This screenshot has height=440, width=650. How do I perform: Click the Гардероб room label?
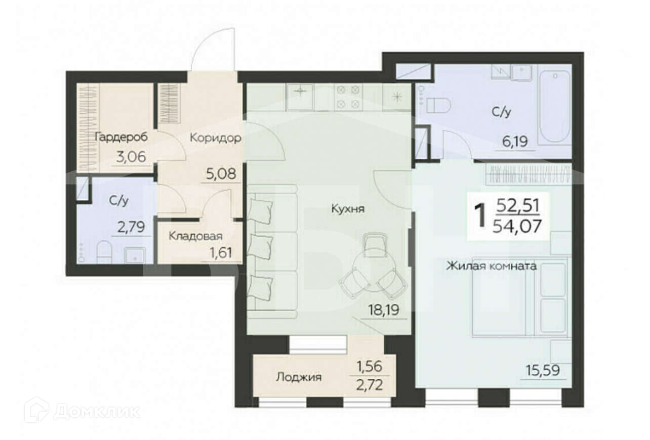[x=121, y=138]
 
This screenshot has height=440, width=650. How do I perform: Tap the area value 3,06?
[x=131, y=157]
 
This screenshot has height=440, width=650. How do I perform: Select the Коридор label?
[x=215, y=138]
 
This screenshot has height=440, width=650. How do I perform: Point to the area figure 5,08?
[x=221, y=174]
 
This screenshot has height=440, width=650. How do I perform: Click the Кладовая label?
[x=195, y=236]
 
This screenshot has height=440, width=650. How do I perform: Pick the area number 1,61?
[x=221, y=253]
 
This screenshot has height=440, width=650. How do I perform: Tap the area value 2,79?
[x=131, y=227]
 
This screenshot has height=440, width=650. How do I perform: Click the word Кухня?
[x=348, y=209]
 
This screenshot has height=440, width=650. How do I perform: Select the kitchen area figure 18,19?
[x=384, y=310]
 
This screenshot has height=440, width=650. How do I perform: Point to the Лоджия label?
[x=299, y=377]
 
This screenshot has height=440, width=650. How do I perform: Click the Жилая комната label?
[x=491, y=266]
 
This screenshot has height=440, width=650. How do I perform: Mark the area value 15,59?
[x=543, y=370]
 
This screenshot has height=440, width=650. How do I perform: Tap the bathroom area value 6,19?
[x=515, y=142]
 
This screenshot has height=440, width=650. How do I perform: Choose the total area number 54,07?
[x=517, y=227]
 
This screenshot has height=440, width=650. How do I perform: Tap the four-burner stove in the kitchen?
[x=348, y=97]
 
